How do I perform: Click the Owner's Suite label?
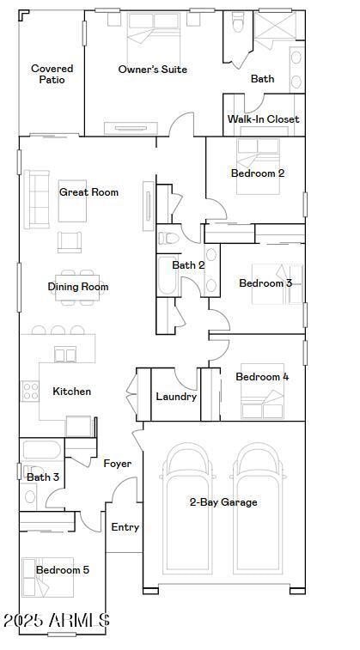(x=152, y=70)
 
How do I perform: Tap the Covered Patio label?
(x=52, y=74)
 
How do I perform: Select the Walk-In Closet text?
(x=263, y=119)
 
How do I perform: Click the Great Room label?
(x=88, y=192)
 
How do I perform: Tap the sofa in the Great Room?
(x=37, y=199)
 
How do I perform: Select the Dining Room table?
(x=76, y=286)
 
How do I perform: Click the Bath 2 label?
(x=188, y=265)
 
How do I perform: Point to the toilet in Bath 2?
(x=168, y=237)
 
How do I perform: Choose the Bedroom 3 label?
(x=265, y=283)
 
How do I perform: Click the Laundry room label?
(x=176, y=397)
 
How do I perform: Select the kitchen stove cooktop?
(x=31, y=392)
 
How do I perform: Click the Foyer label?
(x=118, y=464)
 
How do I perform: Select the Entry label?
(x=125, y=527)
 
